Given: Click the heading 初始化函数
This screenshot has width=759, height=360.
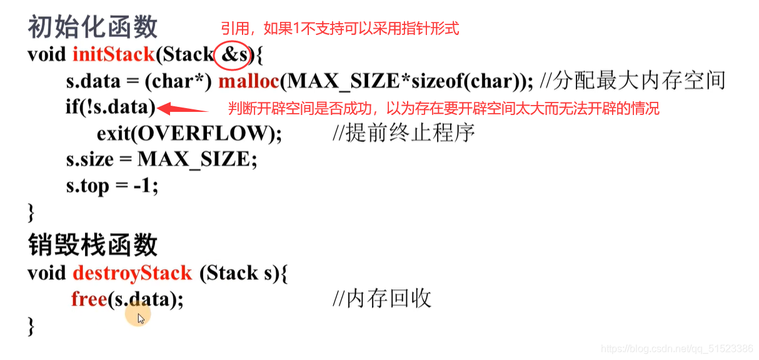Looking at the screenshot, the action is [x=93, y=27].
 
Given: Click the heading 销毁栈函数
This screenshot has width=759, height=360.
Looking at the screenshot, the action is [x=93, y=245].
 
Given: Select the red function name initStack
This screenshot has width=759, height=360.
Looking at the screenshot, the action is [x=113, y=54].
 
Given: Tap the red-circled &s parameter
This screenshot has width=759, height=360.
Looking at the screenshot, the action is [x=235, y=55].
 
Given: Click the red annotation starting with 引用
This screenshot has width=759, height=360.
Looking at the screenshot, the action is [x=339, y=28].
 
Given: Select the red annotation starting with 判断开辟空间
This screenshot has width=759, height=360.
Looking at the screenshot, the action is [x=443, y=109].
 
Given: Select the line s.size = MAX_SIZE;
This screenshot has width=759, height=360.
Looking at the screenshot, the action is [x=162, y=160].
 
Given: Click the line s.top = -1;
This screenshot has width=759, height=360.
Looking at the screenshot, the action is [x=112, y=186].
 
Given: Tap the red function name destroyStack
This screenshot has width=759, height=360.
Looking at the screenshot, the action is [x=133, y=273].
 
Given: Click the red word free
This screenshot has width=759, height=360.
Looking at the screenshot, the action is [x=89, y=299].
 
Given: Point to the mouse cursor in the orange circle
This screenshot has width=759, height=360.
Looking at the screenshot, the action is [x=140, y=317].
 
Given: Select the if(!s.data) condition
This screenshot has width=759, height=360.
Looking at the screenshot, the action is [x=110, y=108].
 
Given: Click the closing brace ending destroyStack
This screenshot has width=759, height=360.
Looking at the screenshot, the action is [x=31, y=326].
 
